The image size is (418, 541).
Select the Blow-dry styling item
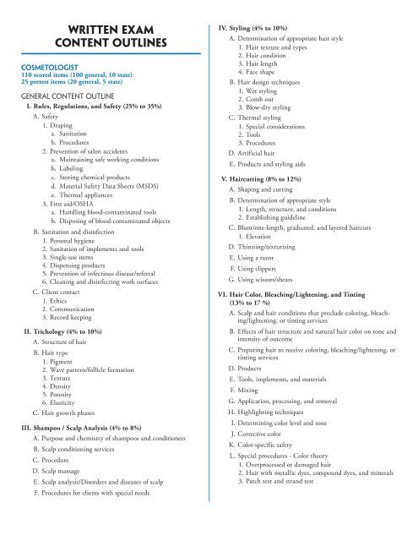pos(268,107)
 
